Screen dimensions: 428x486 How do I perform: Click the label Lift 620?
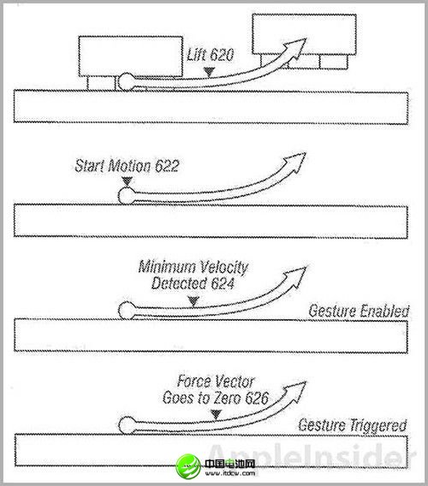coord(210,55)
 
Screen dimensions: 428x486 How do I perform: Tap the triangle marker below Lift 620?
coord(209,72)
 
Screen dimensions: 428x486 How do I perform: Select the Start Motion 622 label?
coord(127,166)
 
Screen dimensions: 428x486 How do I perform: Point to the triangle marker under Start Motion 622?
coord(128,181)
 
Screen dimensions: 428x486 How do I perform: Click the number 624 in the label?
coord(222,283)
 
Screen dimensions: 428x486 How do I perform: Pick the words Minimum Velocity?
coord(193,267)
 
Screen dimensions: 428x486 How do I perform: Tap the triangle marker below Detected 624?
coord(193,301)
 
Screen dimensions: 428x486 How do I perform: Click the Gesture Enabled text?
coord(359,311)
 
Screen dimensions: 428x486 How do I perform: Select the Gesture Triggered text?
coord(353,425)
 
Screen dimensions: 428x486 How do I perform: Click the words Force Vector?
coord(216,382)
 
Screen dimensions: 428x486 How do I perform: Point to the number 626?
coord(257,398)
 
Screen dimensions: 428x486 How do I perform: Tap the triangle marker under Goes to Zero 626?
coord(216,414)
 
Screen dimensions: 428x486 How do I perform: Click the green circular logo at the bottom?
coord(188,465)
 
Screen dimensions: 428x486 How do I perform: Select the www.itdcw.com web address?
coord(229,473)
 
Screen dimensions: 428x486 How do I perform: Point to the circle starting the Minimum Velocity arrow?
coord(127,311)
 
